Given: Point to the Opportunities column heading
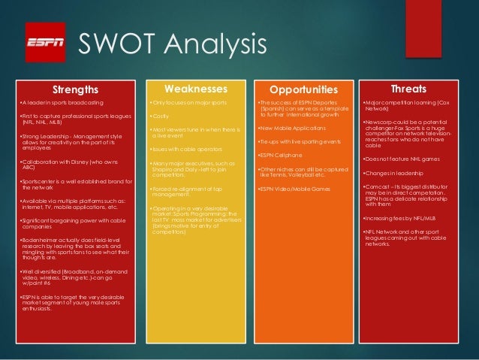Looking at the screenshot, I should point(303,89).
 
